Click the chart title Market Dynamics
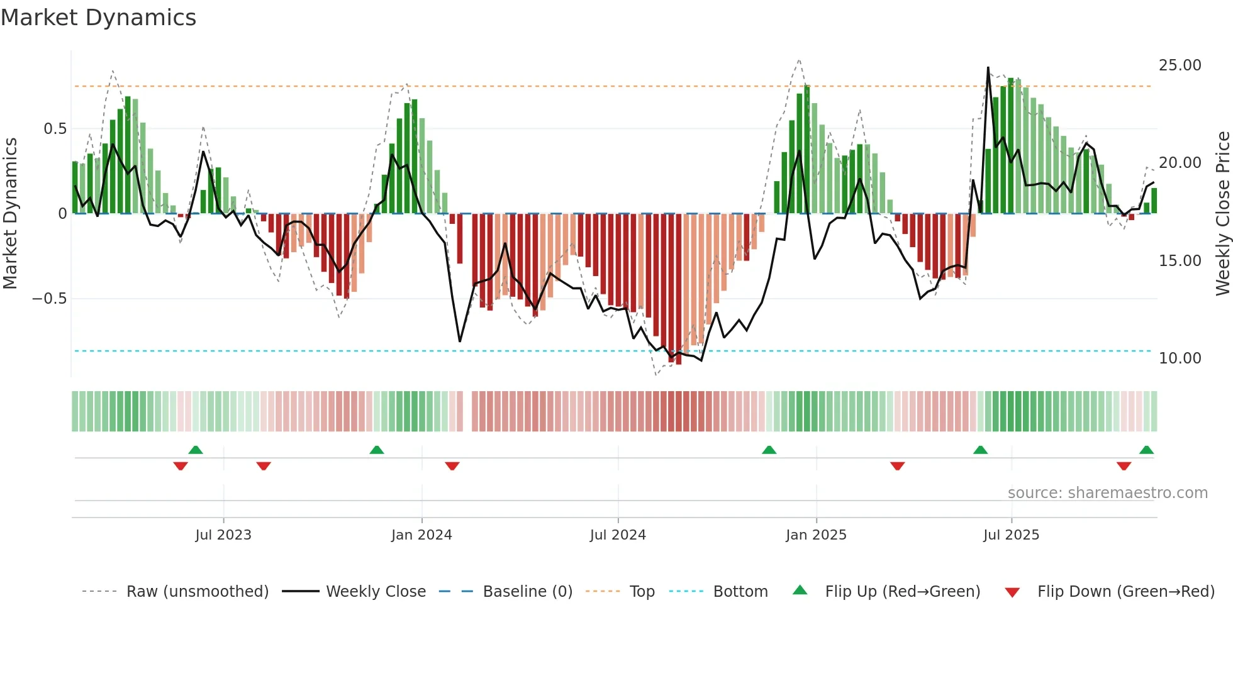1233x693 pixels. pos(98,18)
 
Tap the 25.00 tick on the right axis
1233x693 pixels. pos(1180,65)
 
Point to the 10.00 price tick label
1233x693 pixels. pos(1180,358)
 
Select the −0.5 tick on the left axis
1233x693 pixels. pos(49,299)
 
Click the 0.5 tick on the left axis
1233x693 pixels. pos(55,129)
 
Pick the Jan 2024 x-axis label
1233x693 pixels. pos(421,535)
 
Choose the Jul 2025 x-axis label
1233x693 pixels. pos(1011,535)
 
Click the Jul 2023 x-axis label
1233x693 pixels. pos(223,535)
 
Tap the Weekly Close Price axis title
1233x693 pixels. pos(1222,213)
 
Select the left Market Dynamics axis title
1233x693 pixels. pos(10,213)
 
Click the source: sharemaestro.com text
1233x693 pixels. pos(1107,493)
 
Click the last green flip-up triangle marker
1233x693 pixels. pos(1146,450)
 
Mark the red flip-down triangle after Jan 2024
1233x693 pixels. pos(452,466)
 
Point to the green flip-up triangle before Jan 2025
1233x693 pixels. pos(769,450)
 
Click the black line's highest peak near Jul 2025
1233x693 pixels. pos(988,68)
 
